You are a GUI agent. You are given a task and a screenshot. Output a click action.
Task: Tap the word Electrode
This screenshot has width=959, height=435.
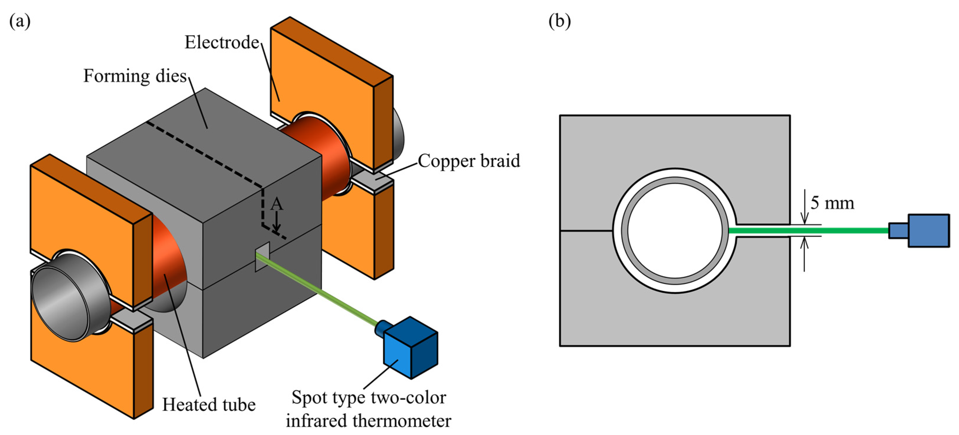[222, 43]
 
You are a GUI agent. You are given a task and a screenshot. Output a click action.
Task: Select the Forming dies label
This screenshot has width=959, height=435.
[135, 76]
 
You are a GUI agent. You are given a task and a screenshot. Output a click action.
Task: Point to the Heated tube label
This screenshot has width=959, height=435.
[209, 405]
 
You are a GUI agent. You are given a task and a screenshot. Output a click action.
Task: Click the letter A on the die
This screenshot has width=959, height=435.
[277, 204]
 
